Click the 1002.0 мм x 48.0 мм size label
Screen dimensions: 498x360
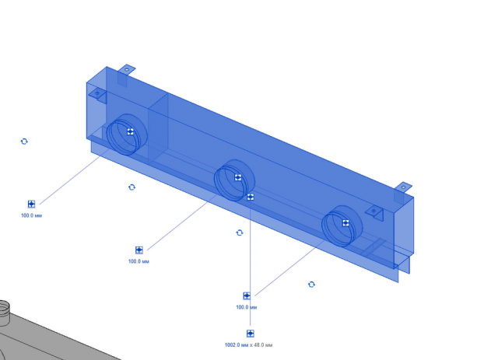tap(248, 344)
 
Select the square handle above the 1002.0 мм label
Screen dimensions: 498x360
tap(251, 334)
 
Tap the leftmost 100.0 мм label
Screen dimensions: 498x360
tap(31, 215)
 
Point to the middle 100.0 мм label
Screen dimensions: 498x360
tap(139, 261)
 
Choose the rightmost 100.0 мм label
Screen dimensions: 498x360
tap(247, 307)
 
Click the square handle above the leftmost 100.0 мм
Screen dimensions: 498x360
tap(31, 204)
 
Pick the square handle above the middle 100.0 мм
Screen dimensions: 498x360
tap(139, 250)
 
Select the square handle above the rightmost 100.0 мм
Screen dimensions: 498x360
tap(247, 295)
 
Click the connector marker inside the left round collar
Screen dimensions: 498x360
tap(130, 131)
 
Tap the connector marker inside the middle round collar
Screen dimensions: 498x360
tap(238, 177)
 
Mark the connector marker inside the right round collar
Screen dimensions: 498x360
tap(345, 223)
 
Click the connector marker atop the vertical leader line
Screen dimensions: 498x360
tap(251, 197)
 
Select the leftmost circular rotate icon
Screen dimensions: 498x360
tap(24, 142)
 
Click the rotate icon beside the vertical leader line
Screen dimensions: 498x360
tap(240, 232)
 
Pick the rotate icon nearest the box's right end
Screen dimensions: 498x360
tap(311, 284)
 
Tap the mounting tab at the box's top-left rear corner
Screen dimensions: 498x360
tap(126, 68)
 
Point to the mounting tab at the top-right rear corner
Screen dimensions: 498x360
tap(403, 187)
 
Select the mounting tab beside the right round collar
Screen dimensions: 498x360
tap(375, 213)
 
